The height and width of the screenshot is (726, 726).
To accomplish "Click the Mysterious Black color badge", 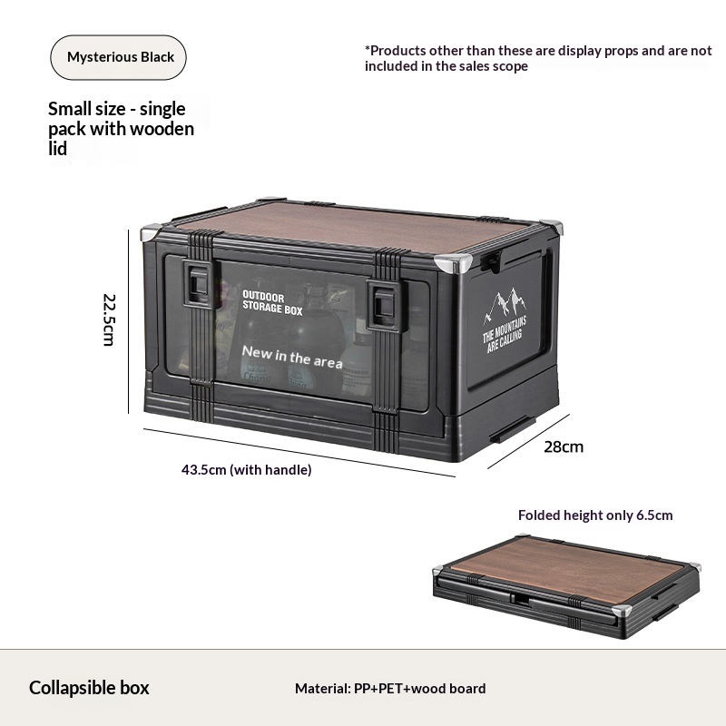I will [x=118, y=57].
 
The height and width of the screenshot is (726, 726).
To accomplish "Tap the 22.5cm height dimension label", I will [x=110, y=319].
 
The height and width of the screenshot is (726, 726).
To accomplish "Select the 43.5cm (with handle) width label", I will [x=246, y=470].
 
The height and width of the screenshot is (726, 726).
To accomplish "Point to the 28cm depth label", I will [x=564, y=446].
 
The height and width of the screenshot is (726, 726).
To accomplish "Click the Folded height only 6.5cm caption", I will [x=595, y=515].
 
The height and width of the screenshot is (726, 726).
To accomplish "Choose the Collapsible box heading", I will [x=89, y=688].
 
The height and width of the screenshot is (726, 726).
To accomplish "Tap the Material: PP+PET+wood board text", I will [x=390, y=689].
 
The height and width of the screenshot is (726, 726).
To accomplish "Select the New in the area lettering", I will [x=292, y=357].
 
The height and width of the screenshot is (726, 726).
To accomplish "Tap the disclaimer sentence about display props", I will [x=538, y=58].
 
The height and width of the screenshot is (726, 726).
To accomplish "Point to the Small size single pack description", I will [x=121, y=129].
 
